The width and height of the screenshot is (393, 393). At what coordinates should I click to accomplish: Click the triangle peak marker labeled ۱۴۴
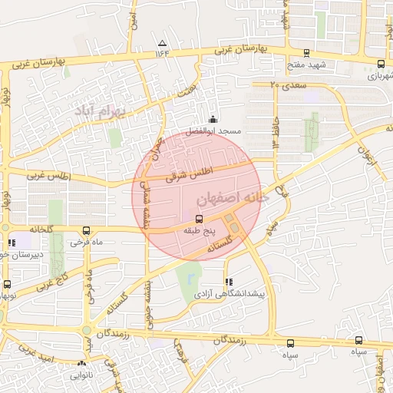point(162,43)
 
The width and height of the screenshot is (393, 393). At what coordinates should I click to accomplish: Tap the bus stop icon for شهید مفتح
point(307,53)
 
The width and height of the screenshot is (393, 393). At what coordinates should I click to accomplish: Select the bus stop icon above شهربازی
point(381,64)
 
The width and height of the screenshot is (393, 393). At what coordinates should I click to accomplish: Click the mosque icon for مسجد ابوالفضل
point(213,121)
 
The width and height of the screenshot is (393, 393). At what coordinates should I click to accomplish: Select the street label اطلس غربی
point(48,176)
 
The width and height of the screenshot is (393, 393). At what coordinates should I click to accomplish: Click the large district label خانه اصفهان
point(234,198)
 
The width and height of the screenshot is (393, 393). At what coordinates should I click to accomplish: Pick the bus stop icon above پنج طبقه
point(200,218)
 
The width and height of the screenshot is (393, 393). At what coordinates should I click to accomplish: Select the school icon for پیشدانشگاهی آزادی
point(227,282)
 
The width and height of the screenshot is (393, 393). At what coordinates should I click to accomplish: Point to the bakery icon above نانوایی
point(81,364)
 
